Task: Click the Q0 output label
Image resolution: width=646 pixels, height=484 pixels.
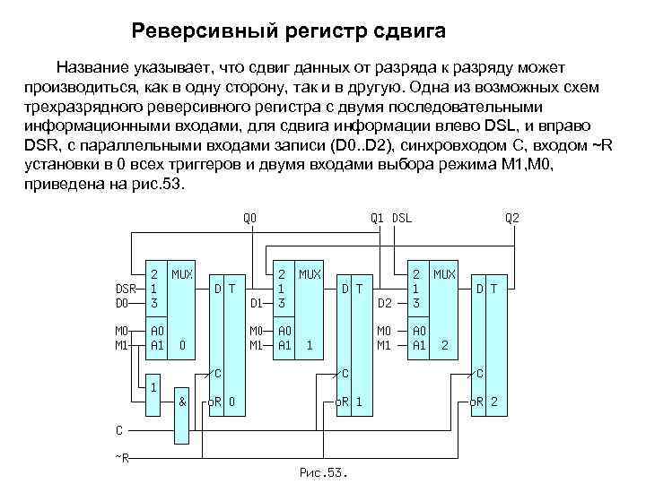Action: pos(250,217)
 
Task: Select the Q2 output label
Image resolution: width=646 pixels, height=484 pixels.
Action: pos(511,217)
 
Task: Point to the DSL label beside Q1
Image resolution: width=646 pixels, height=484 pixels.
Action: pos(401,217)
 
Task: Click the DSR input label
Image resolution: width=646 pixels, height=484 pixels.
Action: pos(126,289)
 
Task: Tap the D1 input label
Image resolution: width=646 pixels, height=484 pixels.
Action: pos(256,303)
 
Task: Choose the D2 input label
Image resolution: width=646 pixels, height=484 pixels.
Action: pos(385,303)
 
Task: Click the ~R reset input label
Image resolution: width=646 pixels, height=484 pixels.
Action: pos(122,458)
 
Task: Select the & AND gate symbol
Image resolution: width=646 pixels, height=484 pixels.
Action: pos(182,402)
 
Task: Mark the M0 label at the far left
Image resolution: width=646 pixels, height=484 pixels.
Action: pos(123,331)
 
